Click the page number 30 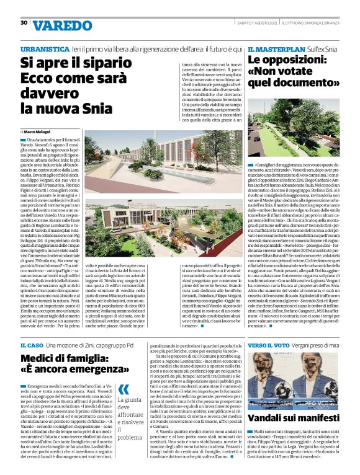click(24, 22)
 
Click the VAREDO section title click(61, 25)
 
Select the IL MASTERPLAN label click(272, 48)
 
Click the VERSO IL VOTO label click(269, 344)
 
